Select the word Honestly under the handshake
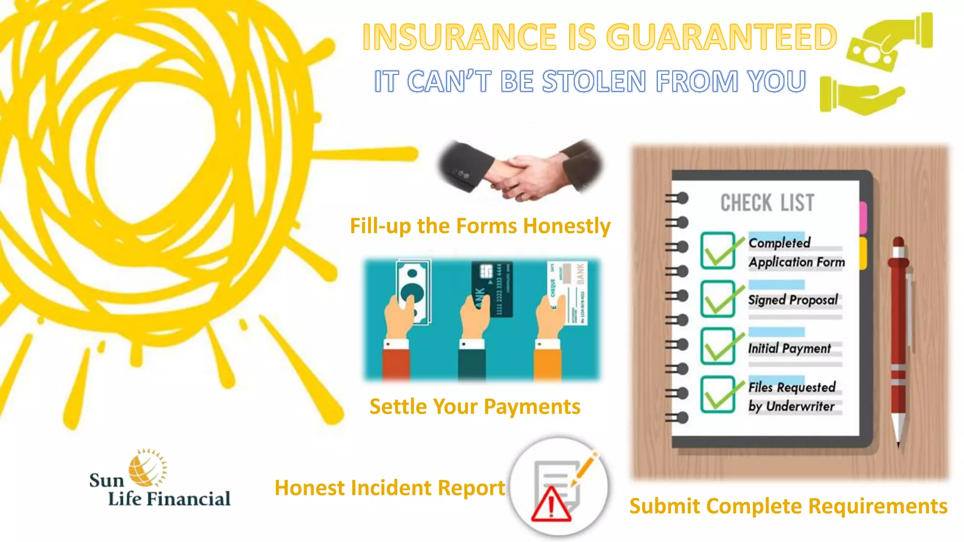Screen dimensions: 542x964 567,226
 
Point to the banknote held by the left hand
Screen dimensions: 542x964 413,292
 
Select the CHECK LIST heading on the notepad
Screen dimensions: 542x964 767,203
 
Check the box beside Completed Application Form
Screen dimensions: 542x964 717,251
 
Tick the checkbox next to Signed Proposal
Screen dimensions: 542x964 717,299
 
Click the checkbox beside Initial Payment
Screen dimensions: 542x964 717,347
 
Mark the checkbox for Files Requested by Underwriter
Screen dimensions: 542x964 717,395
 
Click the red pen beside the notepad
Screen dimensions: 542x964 899,339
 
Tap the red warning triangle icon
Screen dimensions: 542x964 551,504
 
